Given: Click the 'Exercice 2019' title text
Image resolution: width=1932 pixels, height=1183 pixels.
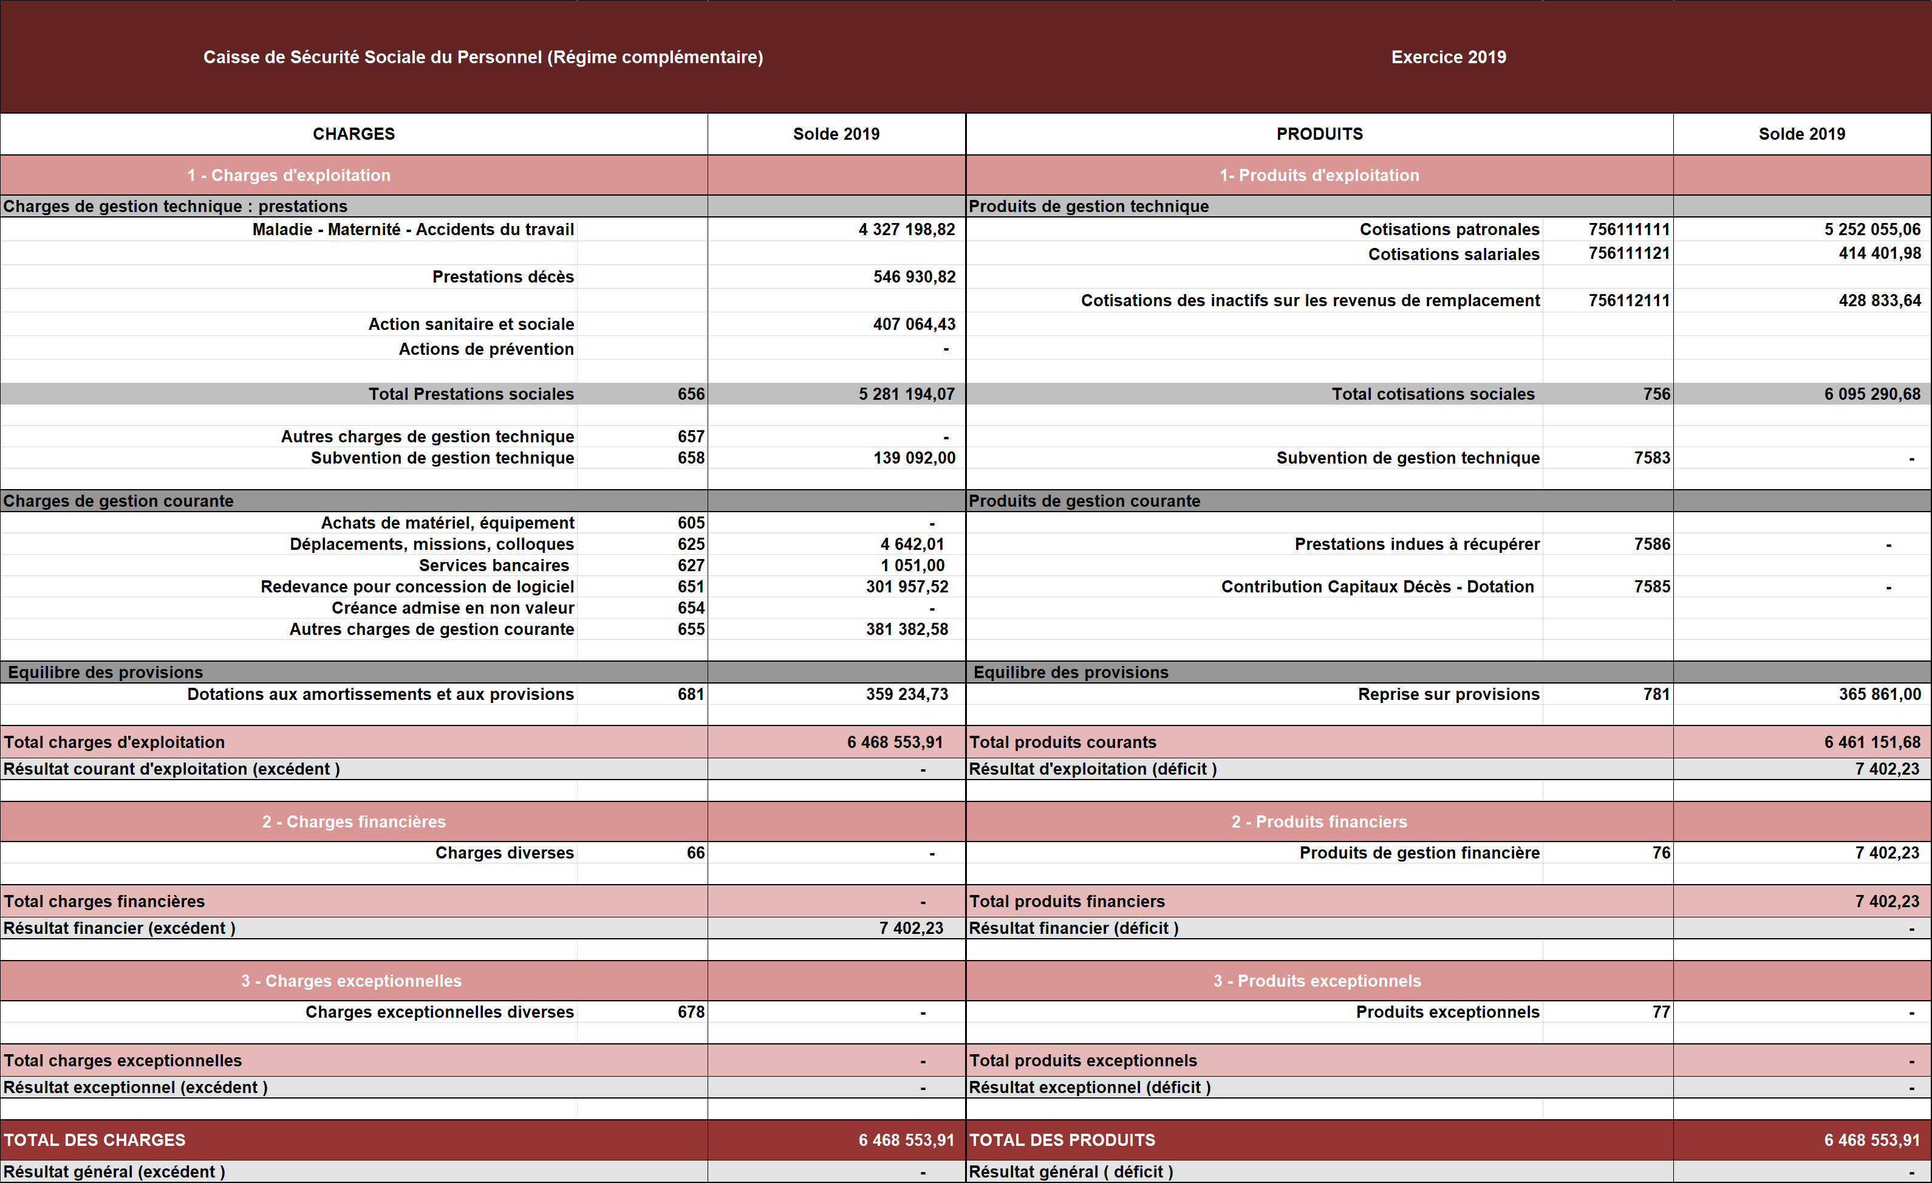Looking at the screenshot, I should tap(1448, 57).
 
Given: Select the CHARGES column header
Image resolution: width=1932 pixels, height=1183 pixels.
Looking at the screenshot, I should tap(353, 134).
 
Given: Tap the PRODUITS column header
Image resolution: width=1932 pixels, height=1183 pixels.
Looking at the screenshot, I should tap(1320, 134).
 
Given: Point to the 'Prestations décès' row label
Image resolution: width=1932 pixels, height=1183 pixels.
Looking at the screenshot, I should tap(503, 277).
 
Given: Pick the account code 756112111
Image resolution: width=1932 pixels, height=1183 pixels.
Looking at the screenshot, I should tap(1628, 300).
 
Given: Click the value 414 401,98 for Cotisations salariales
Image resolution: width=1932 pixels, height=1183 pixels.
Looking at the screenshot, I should tap(1880, 253).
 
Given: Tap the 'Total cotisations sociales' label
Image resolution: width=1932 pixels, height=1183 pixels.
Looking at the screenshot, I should tap(1433, 394).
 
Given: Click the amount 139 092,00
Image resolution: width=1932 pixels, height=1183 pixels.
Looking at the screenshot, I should tap(914, 458).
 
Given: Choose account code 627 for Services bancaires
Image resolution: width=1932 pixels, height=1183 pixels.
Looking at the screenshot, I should tap(691, 566).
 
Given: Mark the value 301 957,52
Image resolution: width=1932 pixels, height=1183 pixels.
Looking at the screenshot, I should tap(907, 587).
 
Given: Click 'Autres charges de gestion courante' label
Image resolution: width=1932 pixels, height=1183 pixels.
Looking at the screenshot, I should tap(431, 629).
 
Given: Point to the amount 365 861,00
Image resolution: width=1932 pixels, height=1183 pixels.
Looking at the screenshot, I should tap(1880, 694).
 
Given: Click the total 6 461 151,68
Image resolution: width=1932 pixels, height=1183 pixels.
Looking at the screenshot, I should tap(1872, 742).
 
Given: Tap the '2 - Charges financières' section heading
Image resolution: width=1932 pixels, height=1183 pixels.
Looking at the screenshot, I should tap(353, 822).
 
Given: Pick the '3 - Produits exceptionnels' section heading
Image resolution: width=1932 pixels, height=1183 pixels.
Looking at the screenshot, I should tap(1317, 981).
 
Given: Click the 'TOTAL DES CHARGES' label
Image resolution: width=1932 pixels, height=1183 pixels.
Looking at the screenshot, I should tap(95, 1140).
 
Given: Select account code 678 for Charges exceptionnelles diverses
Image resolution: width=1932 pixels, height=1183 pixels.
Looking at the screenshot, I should tap(691, 1012).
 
